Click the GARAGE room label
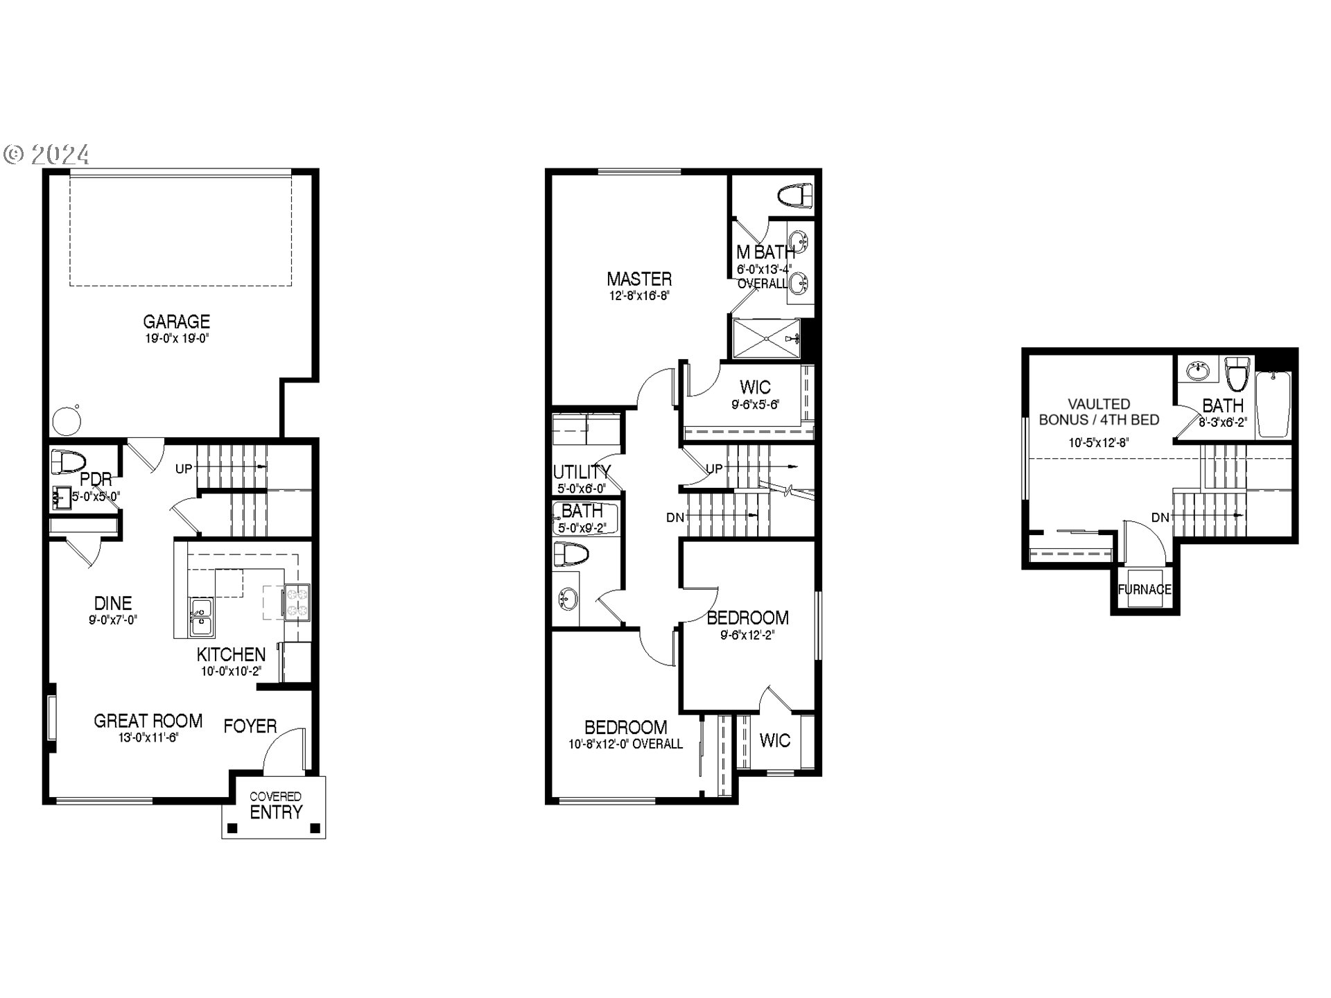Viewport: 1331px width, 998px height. pyautogui.click(x=176, y=322)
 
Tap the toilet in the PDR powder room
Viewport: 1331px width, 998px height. pyautogui.click(x=68, y=462)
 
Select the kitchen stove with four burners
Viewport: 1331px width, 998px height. pyautogui.click(x=297, y=602)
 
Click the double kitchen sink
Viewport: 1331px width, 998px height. pyautogui.click(x=202, y=617)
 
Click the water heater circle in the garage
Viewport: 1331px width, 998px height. pyautogui.click(x=67, y=421)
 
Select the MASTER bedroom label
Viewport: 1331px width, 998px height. pyautogui.click(x=638, y=279)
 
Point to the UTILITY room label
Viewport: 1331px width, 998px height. pyautogui.click(x=581, y=472)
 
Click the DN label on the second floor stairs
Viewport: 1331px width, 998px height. pyautogui.click(x=675, y=518)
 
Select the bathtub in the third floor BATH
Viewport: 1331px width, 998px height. pyautogui.click(x=1274, y=405)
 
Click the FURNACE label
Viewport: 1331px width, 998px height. pyautogui.click(x=1145, y=590)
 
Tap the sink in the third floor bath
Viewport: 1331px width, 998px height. pyautogui.click(x=1197, y=371)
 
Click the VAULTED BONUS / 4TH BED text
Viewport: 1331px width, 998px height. pyautogui.click(x=1099, y=412)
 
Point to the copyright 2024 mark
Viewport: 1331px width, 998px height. pyautogui.click(x=46, y=154)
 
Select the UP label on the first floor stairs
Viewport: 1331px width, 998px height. pyautogui.click(x=184, y=469)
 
